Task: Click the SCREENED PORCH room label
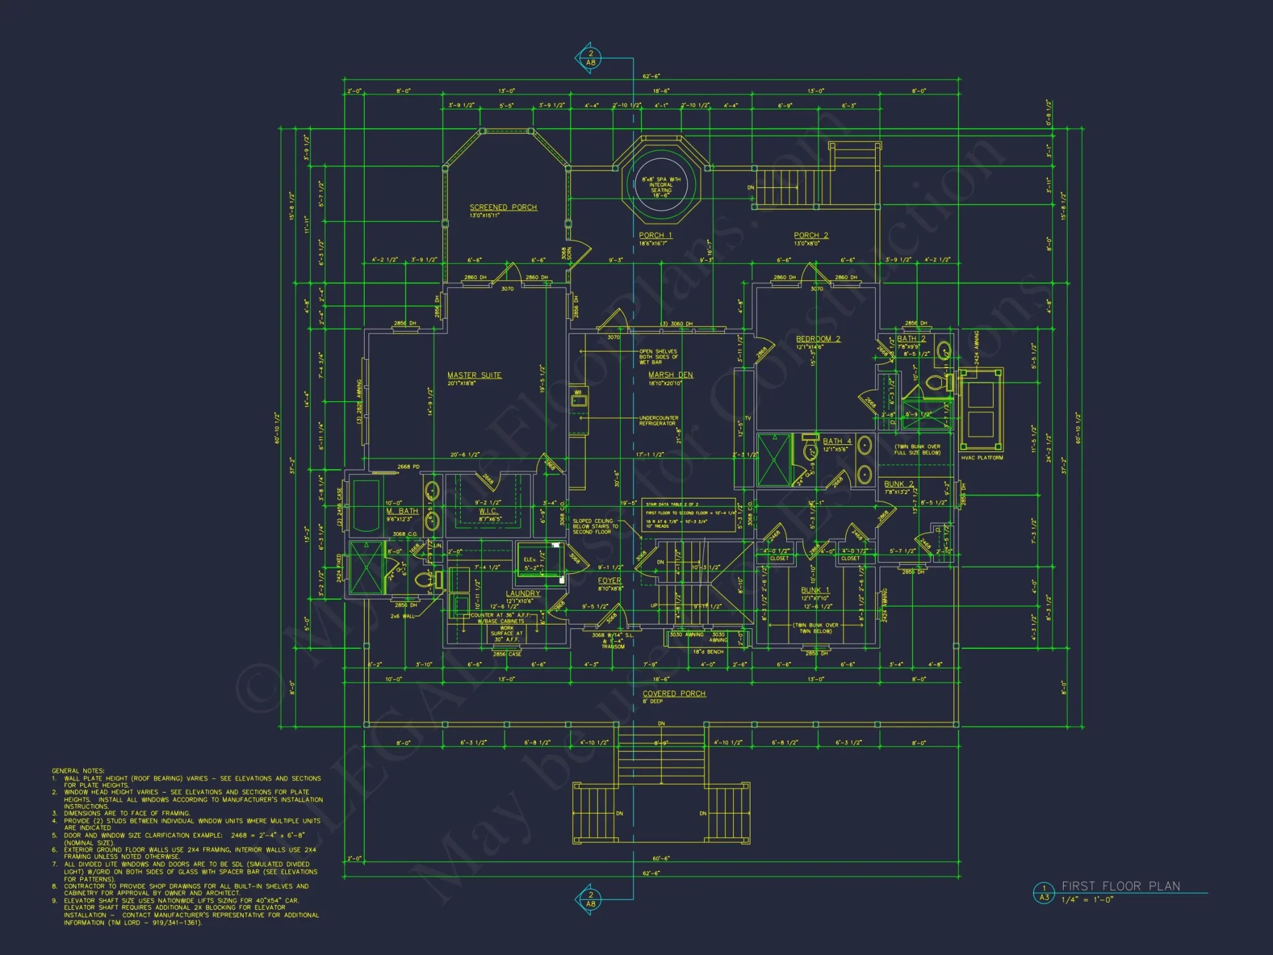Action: click(x=503, y=208)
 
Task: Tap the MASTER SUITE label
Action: click(x=474, y=376)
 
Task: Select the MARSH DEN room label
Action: click(x=670, y=375)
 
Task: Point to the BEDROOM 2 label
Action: click(x=818, y=339)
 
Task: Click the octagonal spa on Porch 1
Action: click(x=661, y=185)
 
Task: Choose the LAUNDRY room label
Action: click(x=523, y=593)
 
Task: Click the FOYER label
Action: click(x=609, y=581)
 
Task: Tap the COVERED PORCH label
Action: click(x=673, y=694)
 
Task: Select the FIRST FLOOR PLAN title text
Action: click(x=1120, y=886)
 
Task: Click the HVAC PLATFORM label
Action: click(x=981, y=458)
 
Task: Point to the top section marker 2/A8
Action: click(x=590, y=58)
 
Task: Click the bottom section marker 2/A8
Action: click(x=590, y=899)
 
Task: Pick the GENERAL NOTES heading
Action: click(x=78, y=770)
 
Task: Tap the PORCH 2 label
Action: click(x=810, y=236)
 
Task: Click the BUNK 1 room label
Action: click(x=815, y=590)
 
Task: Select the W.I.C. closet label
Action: click(x=488, y=511)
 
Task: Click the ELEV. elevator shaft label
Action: click(x=530, y=560)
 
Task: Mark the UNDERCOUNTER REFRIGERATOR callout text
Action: click(x=658, y=420)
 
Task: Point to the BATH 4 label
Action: click(x=836, y=441)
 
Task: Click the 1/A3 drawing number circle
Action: click(x=1044, y=893)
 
